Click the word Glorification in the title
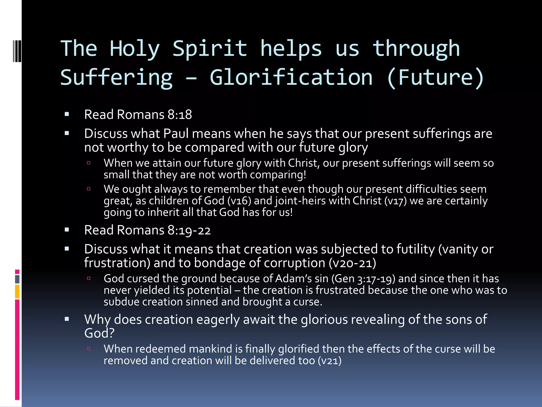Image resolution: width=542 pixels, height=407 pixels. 291,77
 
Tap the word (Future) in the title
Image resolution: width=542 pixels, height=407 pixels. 435,77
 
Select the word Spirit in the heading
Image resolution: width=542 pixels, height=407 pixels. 210,49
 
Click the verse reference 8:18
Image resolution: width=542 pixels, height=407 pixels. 180,115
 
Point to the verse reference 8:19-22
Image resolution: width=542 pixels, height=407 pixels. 189,230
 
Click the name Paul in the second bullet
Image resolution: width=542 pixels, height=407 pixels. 176,134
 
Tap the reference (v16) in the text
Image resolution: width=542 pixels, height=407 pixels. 239,201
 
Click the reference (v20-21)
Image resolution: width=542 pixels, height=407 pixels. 352,263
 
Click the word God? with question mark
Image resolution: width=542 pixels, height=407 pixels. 99,333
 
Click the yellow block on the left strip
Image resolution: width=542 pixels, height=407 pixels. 17,291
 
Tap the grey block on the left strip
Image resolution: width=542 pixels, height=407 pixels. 17,279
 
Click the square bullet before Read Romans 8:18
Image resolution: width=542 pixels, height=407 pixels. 67,114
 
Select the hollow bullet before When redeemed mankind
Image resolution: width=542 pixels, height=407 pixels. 89,349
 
